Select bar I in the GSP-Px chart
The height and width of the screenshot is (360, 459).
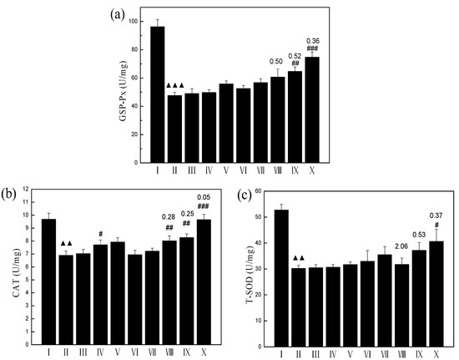click(157, 94)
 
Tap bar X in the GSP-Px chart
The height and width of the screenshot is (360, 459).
click(312, 109)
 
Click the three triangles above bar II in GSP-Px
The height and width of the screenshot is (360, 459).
click(175, 85)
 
